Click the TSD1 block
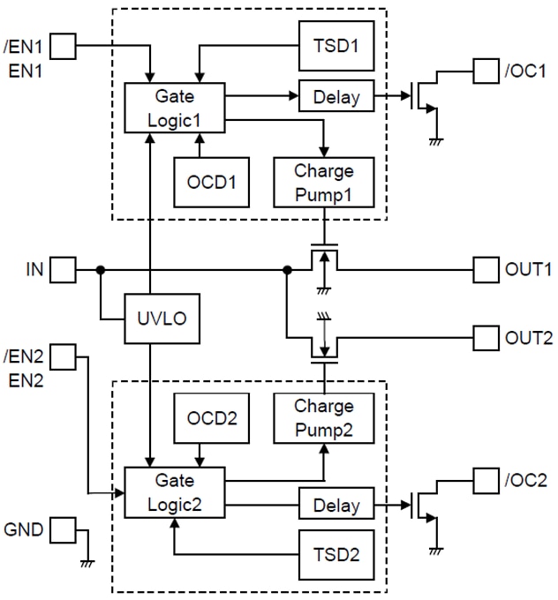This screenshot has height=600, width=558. [x=336, y=45]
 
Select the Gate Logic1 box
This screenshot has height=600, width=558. [x=174, y=108]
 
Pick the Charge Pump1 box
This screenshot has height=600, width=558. [x=324, y=182]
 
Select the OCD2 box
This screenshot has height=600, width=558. [x=211, y=417]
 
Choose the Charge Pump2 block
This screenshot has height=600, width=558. [x=324, y=417]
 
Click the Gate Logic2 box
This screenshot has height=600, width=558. [x=174, y=492]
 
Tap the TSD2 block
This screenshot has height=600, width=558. [x=336, y=554]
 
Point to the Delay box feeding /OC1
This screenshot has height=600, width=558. [x=336, y=95]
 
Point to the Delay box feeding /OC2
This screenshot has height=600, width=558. [x=336, y=506]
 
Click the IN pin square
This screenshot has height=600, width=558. [x=62, y=269]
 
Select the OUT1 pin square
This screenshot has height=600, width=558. [x=486, y=269]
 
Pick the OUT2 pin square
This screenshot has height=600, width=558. [x=486, y=336]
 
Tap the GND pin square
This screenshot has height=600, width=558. [x=62, y=530]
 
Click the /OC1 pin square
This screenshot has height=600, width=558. [x=486, y=70]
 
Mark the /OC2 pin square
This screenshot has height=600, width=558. [x=486, y=481]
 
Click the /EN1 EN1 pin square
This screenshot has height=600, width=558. [x=66, y=44]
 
